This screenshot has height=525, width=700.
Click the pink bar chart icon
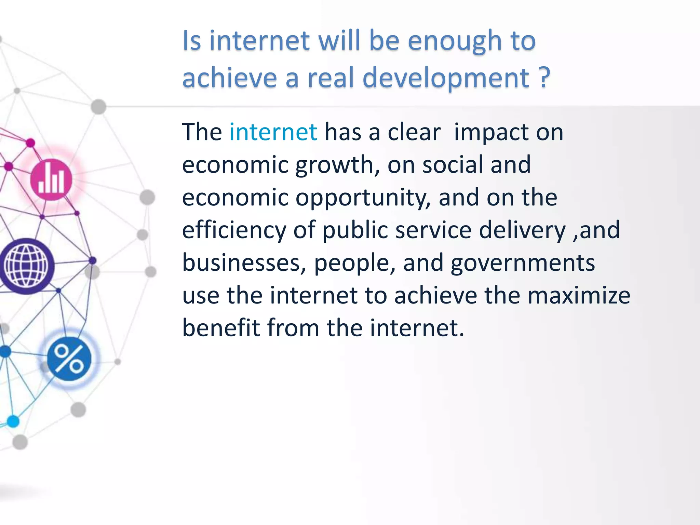(51, 180)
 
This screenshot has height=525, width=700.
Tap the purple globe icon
(26, 266)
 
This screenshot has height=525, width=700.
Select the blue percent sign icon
(69, 359)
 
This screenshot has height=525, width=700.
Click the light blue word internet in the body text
(273, 132)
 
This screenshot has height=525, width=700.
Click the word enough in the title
(455, 41)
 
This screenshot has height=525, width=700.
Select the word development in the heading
(446, 78)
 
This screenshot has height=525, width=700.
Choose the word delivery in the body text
(522, 230)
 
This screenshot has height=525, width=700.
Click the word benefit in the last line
(221, 328)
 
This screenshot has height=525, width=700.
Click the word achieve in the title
(229, 78)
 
